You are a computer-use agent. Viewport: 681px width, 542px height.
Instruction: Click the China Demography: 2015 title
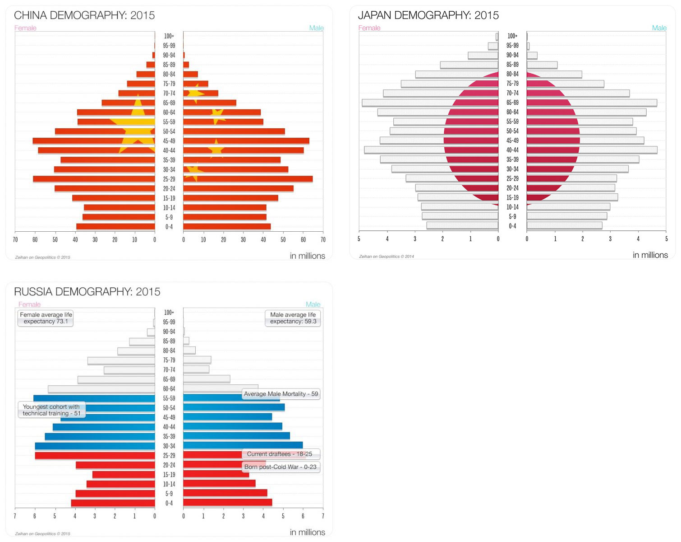pyautogui.click(x=84, y=15)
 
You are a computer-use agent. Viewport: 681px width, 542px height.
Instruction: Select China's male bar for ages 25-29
pyautogui.click(x=248, y=179)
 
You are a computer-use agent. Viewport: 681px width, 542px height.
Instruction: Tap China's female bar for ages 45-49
pyautogui.click(x=93, y=141)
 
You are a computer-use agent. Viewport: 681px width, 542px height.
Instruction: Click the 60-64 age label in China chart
pyautogui.click(x=169, y=112)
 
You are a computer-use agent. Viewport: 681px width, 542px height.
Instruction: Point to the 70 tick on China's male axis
pyautogui.click(x=323, y=240)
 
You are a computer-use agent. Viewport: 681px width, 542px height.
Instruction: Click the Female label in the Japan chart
pyautogui.click(x=369, y=28)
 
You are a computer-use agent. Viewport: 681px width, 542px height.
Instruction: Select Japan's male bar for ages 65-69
pyautogui.click(x=591, y=103)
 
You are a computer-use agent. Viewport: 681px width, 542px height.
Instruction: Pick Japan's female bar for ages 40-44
pyautogui.click(x=431, y=150)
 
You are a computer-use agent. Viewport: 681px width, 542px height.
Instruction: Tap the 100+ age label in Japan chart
pyautogui.click(x=512, y=36)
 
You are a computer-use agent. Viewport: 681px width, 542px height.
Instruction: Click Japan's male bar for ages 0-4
pyautogui.click(x=564, y=225)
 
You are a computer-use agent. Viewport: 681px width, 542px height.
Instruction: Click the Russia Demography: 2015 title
pyautogui.click(x=87, y=292)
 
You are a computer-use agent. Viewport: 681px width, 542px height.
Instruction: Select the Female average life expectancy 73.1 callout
pyautogui.click(x=46, y=318)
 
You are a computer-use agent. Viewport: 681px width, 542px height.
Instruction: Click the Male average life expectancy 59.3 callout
pyautogui.click(x=293, y=318)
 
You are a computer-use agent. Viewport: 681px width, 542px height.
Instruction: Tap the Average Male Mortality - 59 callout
pyautogui.click(x=281, y=394)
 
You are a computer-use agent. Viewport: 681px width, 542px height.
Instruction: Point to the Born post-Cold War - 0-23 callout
pyautogui.click(x=281, y=467)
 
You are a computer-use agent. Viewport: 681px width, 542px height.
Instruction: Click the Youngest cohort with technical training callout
pyautogui.click(x=51, y=410)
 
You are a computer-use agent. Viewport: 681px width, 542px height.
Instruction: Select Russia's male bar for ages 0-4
pyautogui.click(x=227, y=503)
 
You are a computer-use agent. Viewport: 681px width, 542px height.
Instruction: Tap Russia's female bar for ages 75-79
pyautogui.click(x=121, y=360)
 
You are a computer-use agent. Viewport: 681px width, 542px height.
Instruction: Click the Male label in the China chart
pyautogui.click(x=316, y=28)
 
